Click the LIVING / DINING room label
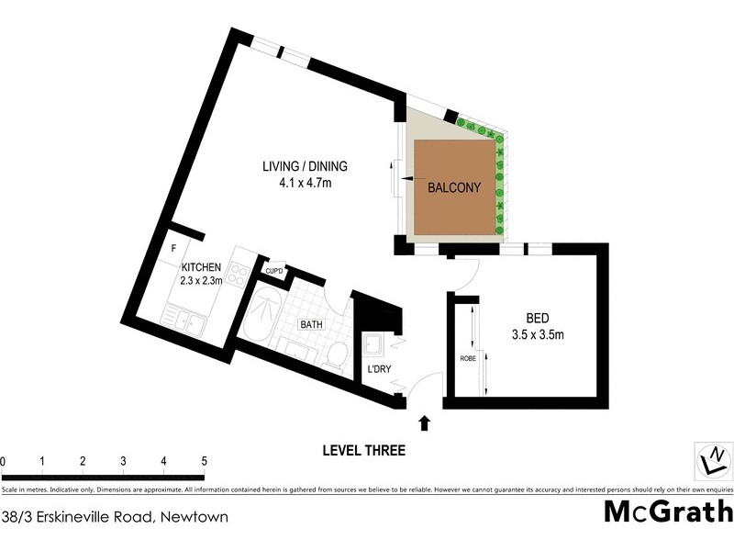306,165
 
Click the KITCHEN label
201,267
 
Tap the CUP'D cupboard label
273,271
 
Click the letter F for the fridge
172,248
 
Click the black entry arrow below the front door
424,422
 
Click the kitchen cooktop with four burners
236,274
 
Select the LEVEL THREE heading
363,451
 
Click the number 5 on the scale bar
204,461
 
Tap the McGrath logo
668,512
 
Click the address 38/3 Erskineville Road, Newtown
115,517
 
